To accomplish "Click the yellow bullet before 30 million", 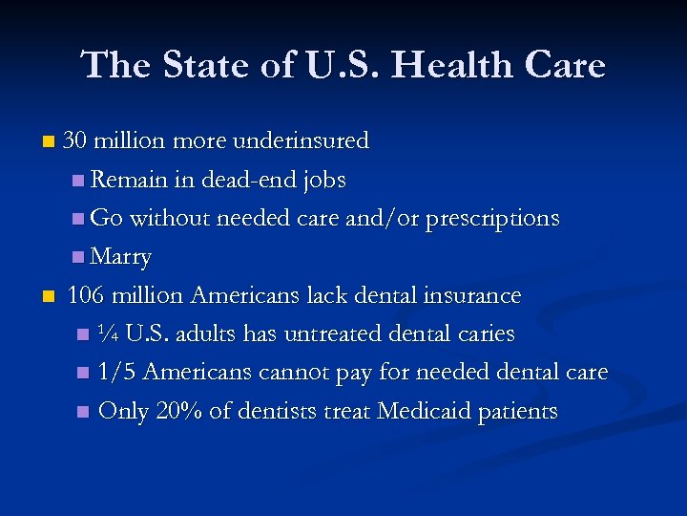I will pyautogui.click(x=49, y=142).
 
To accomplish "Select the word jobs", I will pyautogui.click(x=323, y=181).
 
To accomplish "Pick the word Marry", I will pyautogui.click(x=121, y=258).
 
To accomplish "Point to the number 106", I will pyautogui.click(x=86, y=296).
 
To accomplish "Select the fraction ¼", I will pyautogui.click(x=108, y=334).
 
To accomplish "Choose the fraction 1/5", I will pyautogui.click(x=118, y=373).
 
